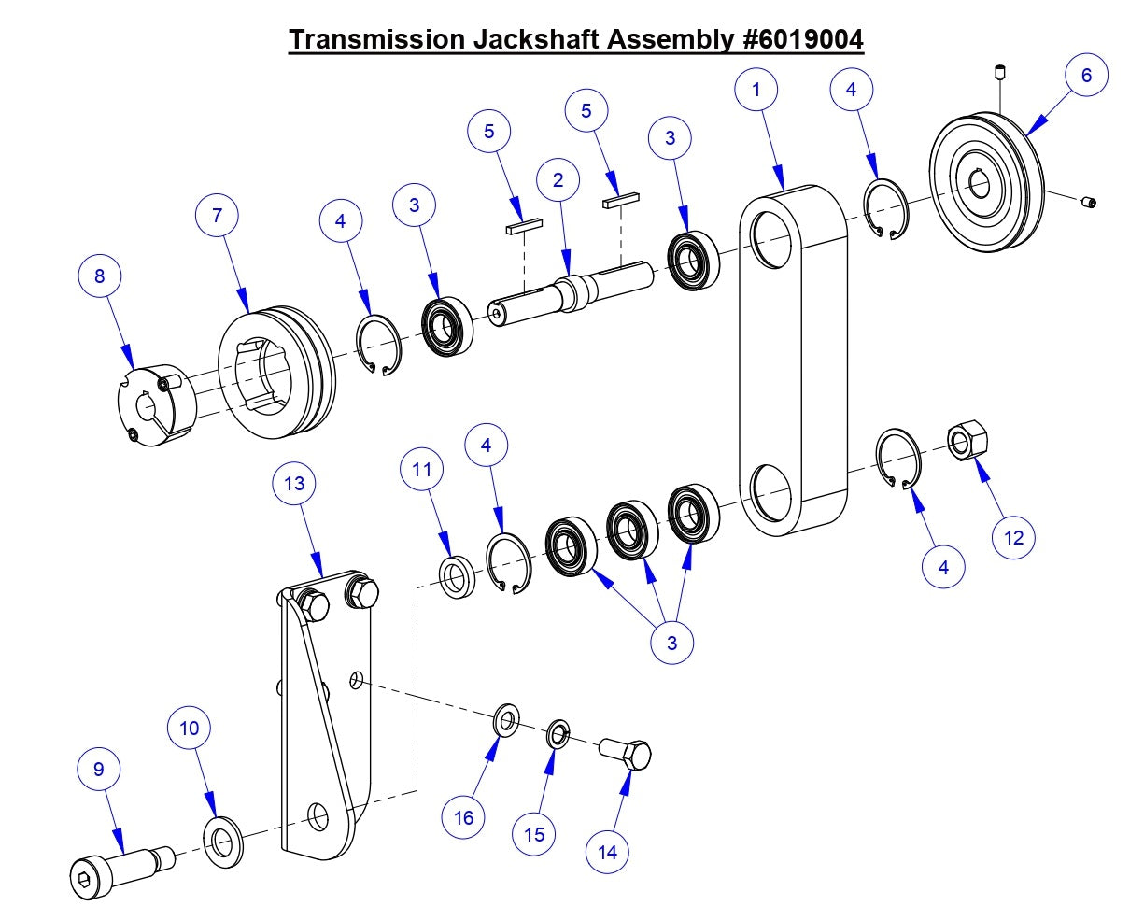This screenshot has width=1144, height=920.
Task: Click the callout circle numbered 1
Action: [756, 90]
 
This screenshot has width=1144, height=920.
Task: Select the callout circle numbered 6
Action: [1085, 75]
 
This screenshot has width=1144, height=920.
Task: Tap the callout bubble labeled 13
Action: [294, 484]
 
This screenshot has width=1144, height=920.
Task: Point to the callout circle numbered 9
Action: [99, 770]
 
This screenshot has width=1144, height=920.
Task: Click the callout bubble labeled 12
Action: [1013, 537]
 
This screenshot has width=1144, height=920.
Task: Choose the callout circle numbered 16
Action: [464, 818]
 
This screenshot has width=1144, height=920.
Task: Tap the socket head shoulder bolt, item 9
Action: [117, 868]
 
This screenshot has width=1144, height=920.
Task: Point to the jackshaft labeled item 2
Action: [570, 290]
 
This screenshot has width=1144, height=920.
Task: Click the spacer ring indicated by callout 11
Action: [457, 577]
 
